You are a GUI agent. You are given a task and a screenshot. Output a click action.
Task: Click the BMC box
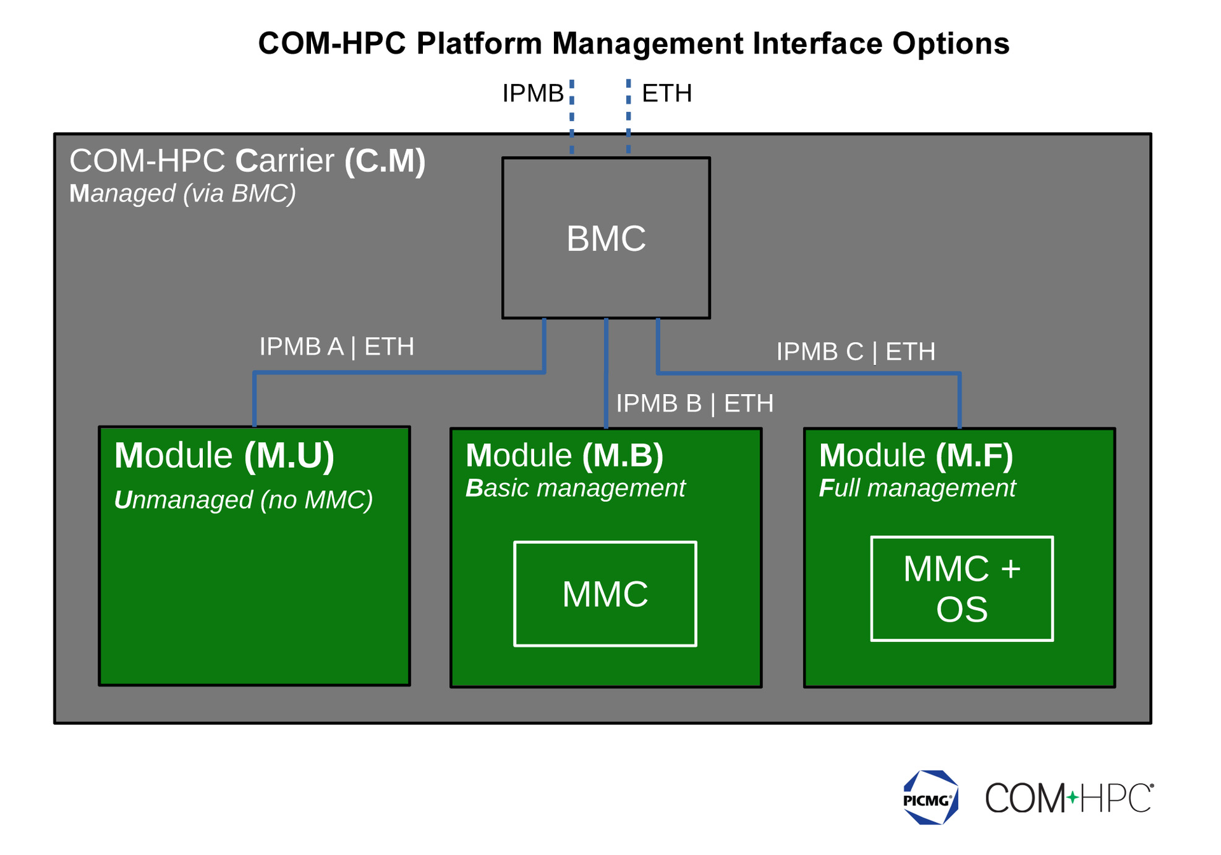[x=605, y=238]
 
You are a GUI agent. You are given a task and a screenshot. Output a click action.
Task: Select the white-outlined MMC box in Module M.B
[x=605, y=593]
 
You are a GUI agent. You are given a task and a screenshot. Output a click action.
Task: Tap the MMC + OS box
[x=962, y=588]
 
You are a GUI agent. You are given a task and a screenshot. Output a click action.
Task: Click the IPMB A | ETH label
[x=336, y=346]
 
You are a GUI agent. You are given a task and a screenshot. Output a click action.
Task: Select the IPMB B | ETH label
[x=694, y=403]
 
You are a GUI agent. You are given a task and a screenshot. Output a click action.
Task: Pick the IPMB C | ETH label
[x=855, y=351]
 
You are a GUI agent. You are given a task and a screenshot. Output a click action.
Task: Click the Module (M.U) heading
[x=224, y=455]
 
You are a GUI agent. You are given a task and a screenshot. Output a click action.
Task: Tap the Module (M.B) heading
[x=564, y=455]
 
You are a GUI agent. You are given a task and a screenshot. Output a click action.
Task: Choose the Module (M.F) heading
[x=916, y=455]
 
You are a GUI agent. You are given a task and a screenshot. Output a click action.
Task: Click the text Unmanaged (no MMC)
[x=243, y=500]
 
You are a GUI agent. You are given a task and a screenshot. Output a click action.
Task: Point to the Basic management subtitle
[x=575, y=488]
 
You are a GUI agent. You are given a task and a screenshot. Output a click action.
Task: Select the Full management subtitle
[x=917, y=488]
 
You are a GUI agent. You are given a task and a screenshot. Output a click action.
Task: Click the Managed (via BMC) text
[x=183, y=193]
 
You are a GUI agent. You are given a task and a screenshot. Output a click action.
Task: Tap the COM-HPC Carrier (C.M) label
[x=247, y=160]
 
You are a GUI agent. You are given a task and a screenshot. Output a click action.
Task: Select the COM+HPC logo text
[x=1068, y=798]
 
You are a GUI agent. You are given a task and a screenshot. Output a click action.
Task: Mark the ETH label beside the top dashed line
[x=666, y=93]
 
